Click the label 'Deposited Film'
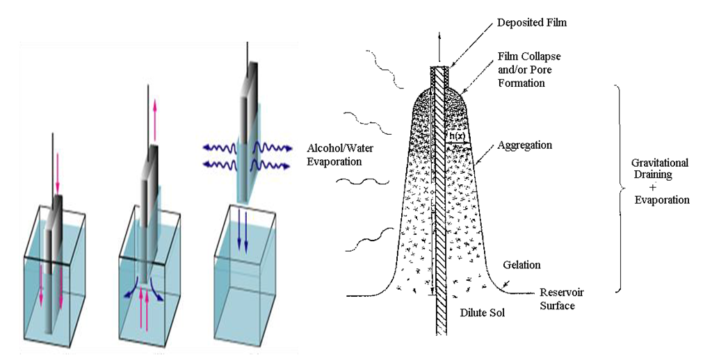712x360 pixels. [531, 23]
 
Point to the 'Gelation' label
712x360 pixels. [521, 265]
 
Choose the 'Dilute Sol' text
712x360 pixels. [481, 313]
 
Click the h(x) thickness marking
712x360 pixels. [457, 138]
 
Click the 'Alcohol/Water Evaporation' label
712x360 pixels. [334, 154]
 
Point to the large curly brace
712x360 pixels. [619, 188]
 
